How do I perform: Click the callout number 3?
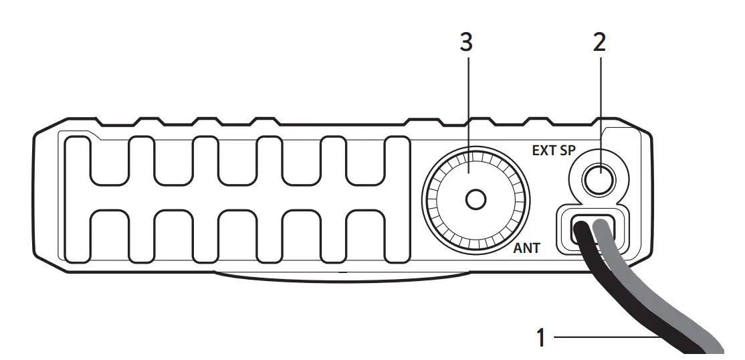point(466,43)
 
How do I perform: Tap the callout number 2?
point(599,43)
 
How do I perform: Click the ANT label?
point(526,249)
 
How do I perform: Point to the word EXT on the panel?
point(544,151)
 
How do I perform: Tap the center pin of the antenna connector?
point(475,199)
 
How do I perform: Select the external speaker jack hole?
point(599,179)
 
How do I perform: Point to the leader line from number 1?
point(602,339)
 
